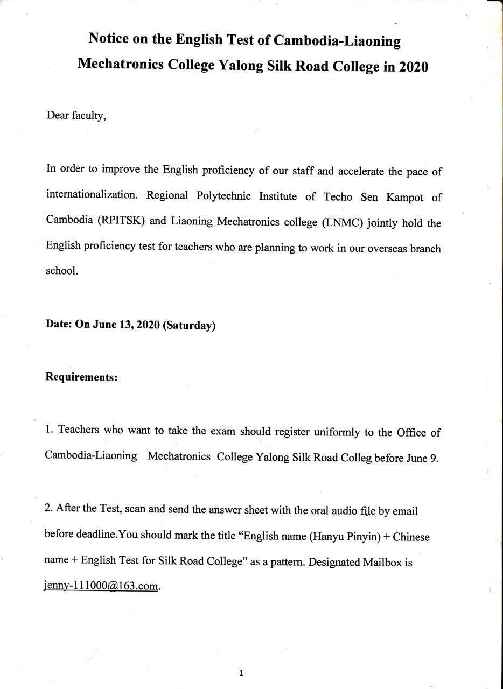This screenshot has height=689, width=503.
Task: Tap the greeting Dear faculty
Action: coord(76,116)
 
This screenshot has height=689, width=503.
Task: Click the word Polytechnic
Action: coord(223,196)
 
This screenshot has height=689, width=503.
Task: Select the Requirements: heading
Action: coord(81,377)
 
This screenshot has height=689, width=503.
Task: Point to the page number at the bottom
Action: coord(241,673)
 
